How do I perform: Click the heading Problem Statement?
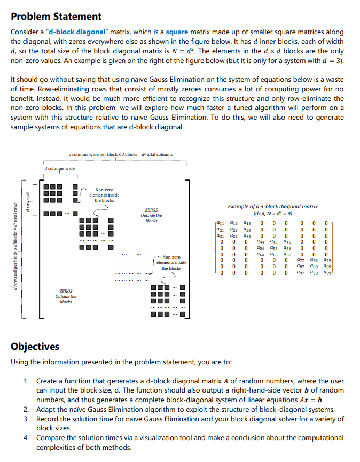56,17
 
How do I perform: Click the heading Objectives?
35,347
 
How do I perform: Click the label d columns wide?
59,169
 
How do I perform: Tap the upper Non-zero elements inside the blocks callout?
104,195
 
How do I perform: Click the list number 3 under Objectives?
26,419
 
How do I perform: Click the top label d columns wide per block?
121,155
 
